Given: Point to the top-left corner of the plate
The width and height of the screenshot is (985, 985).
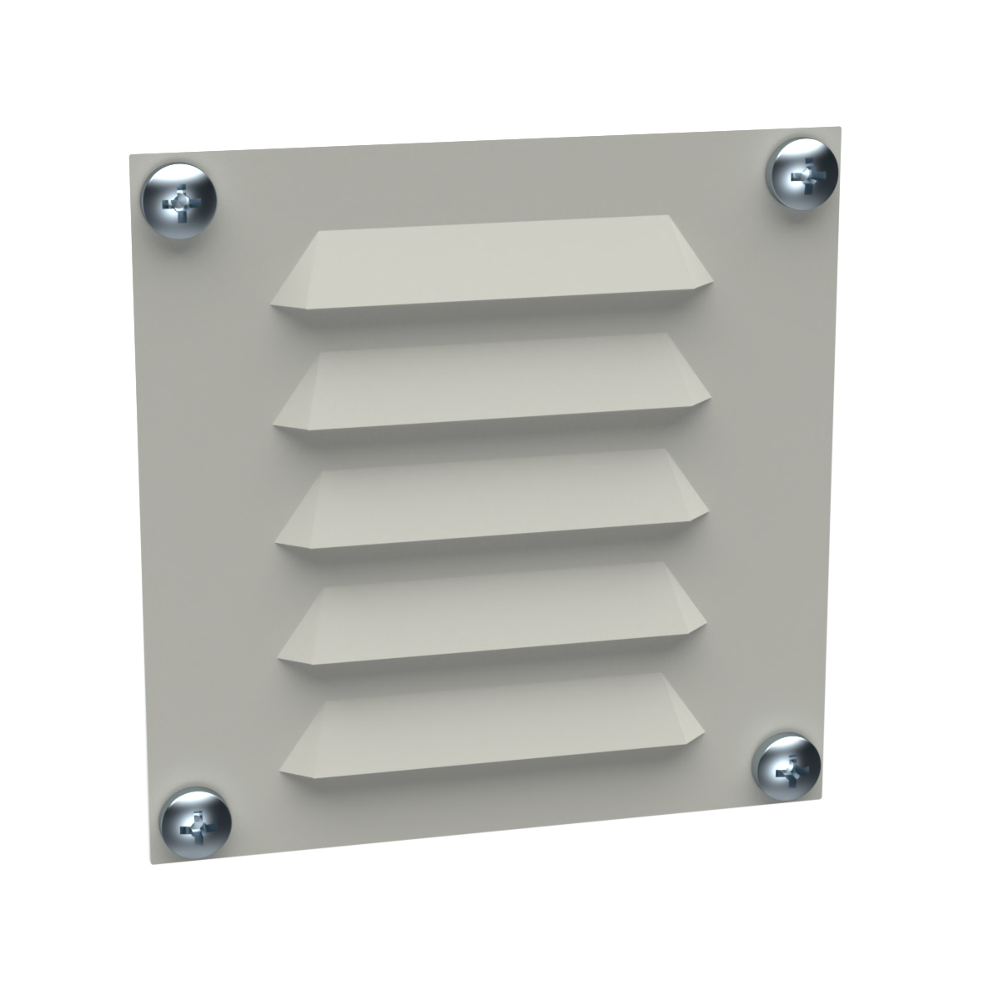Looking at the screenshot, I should point(128,155).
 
